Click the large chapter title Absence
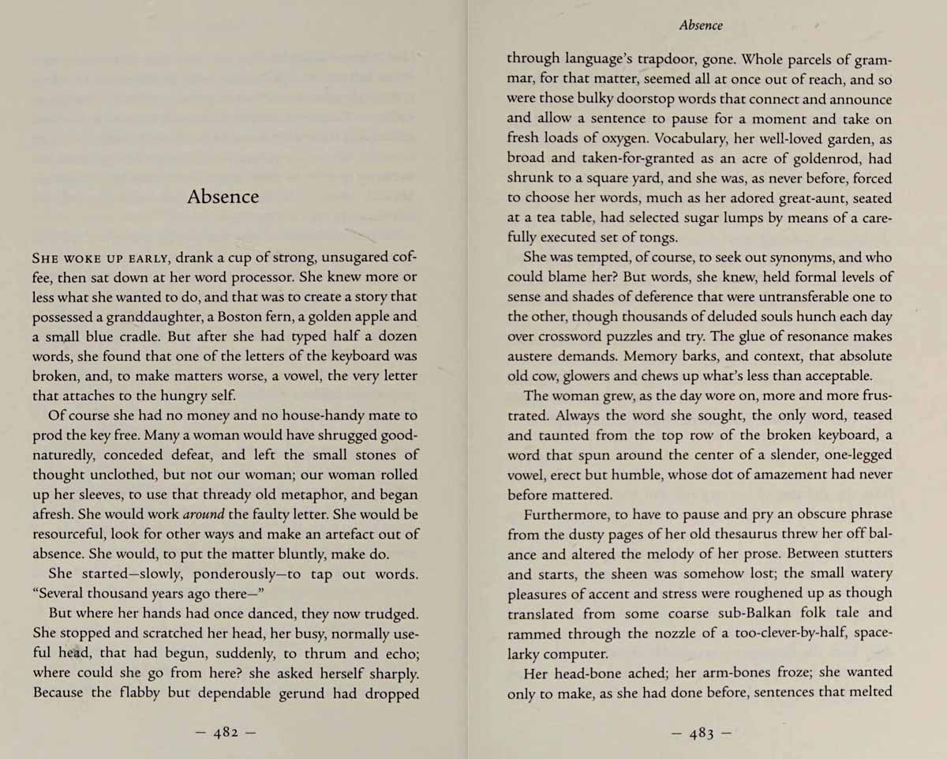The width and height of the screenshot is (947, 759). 223,197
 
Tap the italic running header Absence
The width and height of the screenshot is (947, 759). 700,25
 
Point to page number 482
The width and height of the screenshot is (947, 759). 225,732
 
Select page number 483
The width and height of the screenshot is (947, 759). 702,732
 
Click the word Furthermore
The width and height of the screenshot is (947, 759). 566,514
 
